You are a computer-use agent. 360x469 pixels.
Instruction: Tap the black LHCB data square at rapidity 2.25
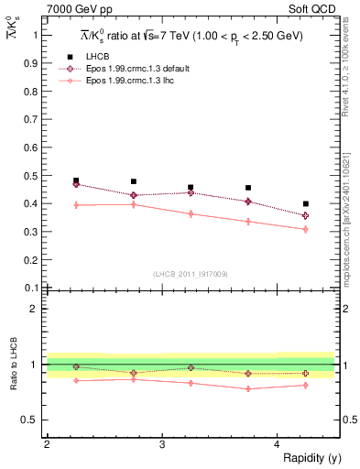click(76, 180)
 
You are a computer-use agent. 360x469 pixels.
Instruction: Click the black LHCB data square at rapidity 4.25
click(306, 203)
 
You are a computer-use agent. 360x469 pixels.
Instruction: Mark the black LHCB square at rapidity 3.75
click(248, 188)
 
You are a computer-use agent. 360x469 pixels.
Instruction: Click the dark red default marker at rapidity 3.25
click(191, 192)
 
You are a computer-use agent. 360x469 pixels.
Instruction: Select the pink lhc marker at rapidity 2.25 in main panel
click(76, 205)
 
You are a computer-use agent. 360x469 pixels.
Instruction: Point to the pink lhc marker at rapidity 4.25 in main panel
click(306, 229)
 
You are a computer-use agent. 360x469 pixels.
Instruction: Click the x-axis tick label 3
click(162, 444)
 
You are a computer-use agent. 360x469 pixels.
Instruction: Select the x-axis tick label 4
click(277, 444)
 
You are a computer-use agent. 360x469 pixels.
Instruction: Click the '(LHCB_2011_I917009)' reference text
click(191, 274)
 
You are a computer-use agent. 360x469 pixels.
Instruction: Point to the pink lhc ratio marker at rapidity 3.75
click(248, 388)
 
